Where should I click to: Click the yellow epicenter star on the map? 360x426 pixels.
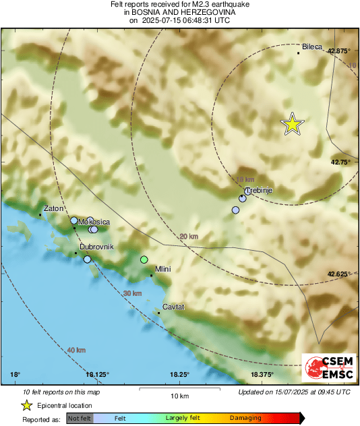(x=293, y=124)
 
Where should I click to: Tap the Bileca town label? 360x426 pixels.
(x=313, y=47)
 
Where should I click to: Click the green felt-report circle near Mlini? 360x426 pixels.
(x=144, y=260)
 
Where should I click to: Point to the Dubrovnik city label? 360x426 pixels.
(x=96, y=247)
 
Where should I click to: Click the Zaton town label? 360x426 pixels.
(x=53, y=209)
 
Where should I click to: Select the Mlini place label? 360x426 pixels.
(x=164, y=270)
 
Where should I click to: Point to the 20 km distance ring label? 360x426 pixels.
(x=189, y=237)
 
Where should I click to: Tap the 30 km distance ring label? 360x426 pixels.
(x=132, y=293)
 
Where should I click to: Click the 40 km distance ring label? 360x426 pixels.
(x=76, y=350)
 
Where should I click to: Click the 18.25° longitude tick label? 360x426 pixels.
(x=179, y=375)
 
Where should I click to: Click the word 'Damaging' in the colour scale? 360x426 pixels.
(x=245, y=418)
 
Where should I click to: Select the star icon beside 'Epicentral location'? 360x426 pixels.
(x=26, y=405)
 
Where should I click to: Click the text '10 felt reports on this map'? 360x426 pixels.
(x=61, y=392)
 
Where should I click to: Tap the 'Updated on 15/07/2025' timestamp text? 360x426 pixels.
(x=294, y=392)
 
